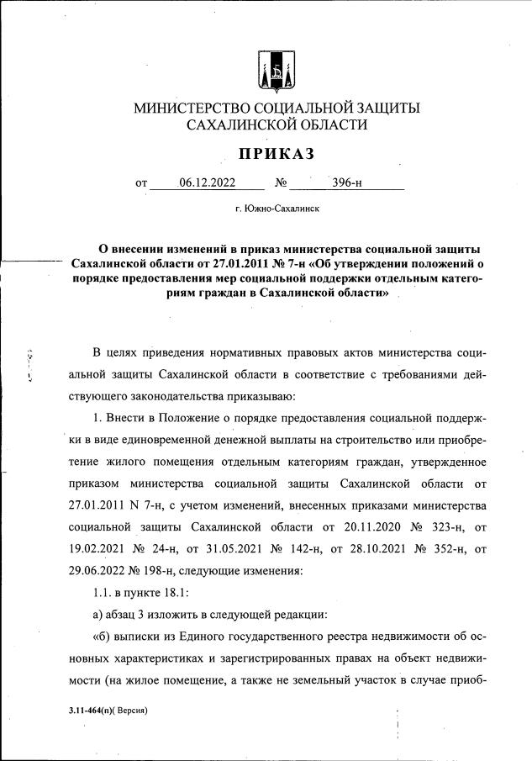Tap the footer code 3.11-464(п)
point(94,710)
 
